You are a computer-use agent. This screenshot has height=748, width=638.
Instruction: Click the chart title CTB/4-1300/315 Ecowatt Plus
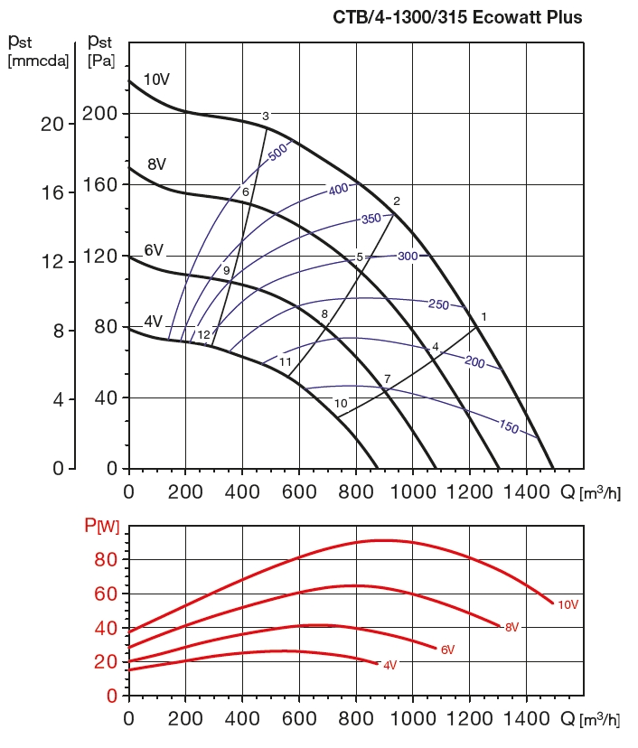458,17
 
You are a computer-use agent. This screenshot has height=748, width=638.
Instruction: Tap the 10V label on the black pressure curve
156,79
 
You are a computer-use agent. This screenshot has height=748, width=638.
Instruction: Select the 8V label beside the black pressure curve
156,164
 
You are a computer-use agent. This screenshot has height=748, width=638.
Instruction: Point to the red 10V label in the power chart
568,605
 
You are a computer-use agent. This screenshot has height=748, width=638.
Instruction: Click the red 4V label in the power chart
389,665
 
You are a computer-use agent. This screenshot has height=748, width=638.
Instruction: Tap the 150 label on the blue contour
509,426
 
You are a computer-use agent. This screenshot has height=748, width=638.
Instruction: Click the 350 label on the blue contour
371,219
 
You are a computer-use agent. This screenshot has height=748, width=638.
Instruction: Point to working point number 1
484,317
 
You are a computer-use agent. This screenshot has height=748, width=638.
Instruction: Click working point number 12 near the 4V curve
204,335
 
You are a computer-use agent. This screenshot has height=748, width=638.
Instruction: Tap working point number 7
387,379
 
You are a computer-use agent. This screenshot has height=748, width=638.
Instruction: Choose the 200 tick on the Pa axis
100,114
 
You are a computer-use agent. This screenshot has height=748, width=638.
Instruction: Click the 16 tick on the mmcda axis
52,192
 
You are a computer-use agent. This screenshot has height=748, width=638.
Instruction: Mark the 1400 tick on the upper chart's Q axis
527,491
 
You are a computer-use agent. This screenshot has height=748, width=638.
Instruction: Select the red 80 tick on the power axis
107,560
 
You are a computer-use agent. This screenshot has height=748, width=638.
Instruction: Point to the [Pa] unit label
100,61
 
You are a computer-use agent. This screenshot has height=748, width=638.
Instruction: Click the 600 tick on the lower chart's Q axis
300,719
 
